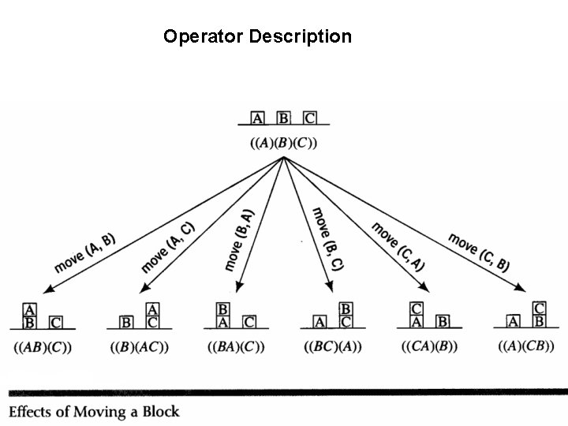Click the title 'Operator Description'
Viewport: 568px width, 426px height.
coord(257,36)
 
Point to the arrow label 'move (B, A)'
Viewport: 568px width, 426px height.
coord(239,240)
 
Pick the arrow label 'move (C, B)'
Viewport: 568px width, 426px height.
coord(479,251)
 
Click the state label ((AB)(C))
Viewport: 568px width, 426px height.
coord(43,347)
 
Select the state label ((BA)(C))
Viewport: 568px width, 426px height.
coord(236,347)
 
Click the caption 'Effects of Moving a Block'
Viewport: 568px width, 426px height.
coord(94,411)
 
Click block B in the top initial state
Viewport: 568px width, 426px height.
coord(283,118)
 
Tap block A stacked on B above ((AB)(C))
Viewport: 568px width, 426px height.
coord(30,310)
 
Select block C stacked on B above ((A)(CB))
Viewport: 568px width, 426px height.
coord(540,308)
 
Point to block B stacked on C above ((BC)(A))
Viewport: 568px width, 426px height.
coord(346,309)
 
